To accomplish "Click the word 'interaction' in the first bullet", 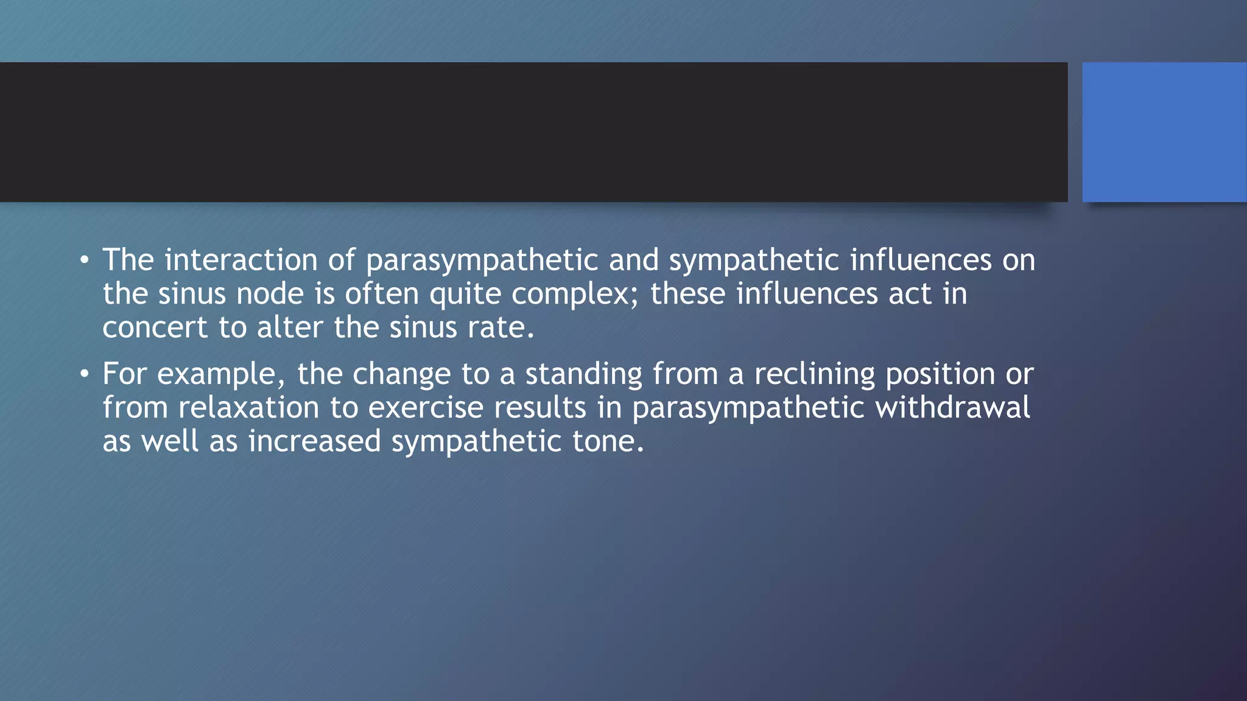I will tap(241, 260).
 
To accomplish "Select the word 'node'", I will tap(270, 295).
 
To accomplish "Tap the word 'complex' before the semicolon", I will tap(571, 295).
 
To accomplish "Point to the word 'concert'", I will tap(155, 328).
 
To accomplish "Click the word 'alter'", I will tap(289, 328).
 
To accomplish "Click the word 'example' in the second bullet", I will tap(217, 374).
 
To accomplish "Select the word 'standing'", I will tap(583, 374).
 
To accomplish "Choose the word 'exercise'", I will tap(426, 408).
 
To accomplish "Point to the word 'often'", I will tap(382, 295).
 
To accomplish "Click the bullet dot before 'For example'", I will tap(84, 375).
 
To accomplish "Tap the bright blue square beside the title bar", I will tap(1164, 132).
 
